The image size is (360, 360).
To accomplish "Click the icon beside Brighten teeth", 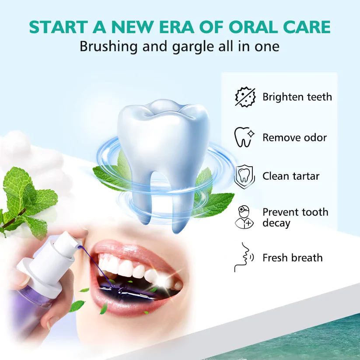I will tap(245, 97).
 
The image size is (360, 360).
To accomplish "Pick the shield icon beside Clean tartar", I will tap(245, 175).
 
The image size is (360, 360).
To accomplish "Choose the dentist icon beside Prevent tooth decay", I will tap(245, 217).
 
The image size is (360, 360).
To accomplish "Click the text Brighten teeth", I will tap(297, 97).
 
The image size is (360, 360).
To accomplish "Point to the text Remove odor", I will tap(294, 138).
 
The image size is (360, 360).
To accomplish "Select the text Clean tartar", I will tap(291, 176).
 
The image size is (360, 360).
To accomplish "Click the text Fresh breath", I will tap(292, 258).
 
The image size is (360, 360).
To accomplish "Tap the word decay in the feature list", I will tap(276, 224).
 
